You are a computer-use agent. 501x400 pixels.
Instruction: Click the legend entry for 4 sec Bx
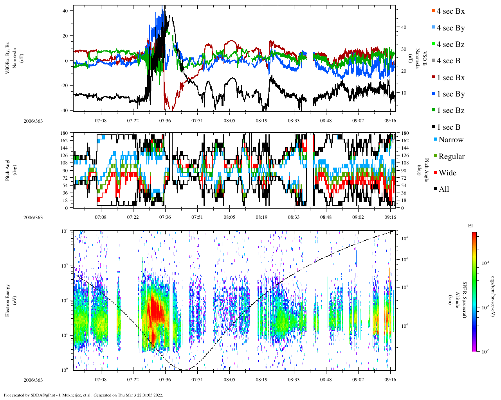click(450, 11)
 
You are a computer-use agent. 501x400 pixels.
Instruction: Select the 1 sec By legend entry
click(450, 94)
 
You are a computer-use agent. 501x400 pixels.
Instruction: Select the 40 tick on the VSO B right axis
click(403, 27)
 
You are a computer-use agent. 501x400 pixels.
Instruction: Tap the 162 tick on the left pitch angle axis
click(65, 141)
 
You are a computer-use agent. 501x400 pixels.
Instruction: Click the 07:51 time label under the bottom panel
click(197, 380)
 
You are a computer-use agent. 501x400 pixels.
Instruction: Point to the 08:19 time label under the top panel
click(261, 121)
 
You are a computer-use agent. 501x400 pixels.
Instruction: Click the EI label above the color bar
click(470, 226)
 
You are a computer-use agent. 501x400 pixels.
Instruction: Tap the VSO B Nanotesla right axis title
click(420, 61)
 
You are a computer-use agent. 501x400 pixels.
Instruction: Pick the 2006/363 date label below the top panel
click(33, 121)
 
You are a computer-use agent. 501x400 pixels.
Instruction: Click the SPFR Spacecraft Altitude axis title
click(461, 300)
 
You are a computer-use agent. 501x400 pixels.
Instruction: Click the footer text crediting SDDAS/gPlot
click(83, 395)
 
